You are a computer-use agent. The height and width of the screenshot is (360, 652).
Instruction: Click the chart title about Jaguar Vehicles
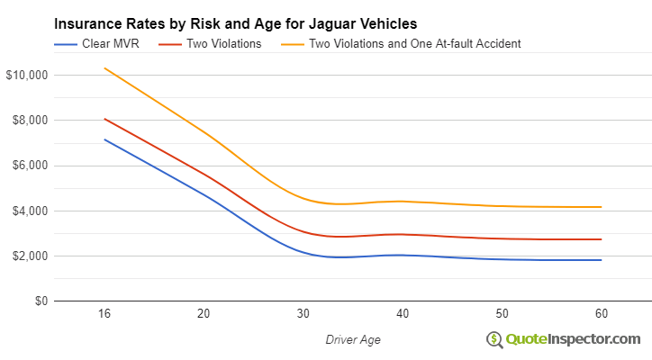coord(235,22)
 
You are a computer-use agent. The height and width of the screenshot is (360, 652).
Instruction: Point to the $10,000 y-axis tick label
coord(26,75)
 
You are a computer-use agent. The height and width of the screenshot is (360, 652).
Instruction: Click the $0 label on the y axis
coord(38,301)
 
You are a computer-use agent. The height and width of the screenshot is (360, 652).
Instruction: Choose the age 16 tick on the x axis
coord(104,314)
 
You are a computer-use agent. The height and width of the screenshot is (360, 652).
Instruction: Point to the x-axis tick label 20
coord(204,314)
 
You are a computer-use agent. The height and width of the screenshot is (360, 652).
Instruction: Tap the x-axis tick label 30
coord(303,314)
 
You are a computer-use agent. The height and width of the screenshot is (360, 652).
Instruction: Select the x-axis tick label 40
coord(402,314)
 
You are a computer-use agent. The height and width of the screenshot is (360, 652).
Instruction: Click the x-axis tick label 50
coord(501,314)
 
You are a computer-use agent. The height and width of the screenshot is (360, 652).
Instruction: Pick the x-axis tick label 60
coord(600,314)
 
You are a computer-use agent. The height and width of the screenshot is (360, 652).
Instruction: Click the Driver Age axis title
coord(352,339)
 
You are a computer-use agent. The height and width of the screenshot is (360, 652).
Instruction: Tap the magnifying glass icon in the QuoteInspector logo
coord(495,339)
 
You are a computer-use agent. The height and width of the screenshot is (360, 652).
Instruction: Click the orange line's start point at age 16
coord(104,68)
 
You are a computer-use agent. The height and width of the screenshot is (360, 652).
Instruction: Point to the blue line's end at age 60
coord(600,260)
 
